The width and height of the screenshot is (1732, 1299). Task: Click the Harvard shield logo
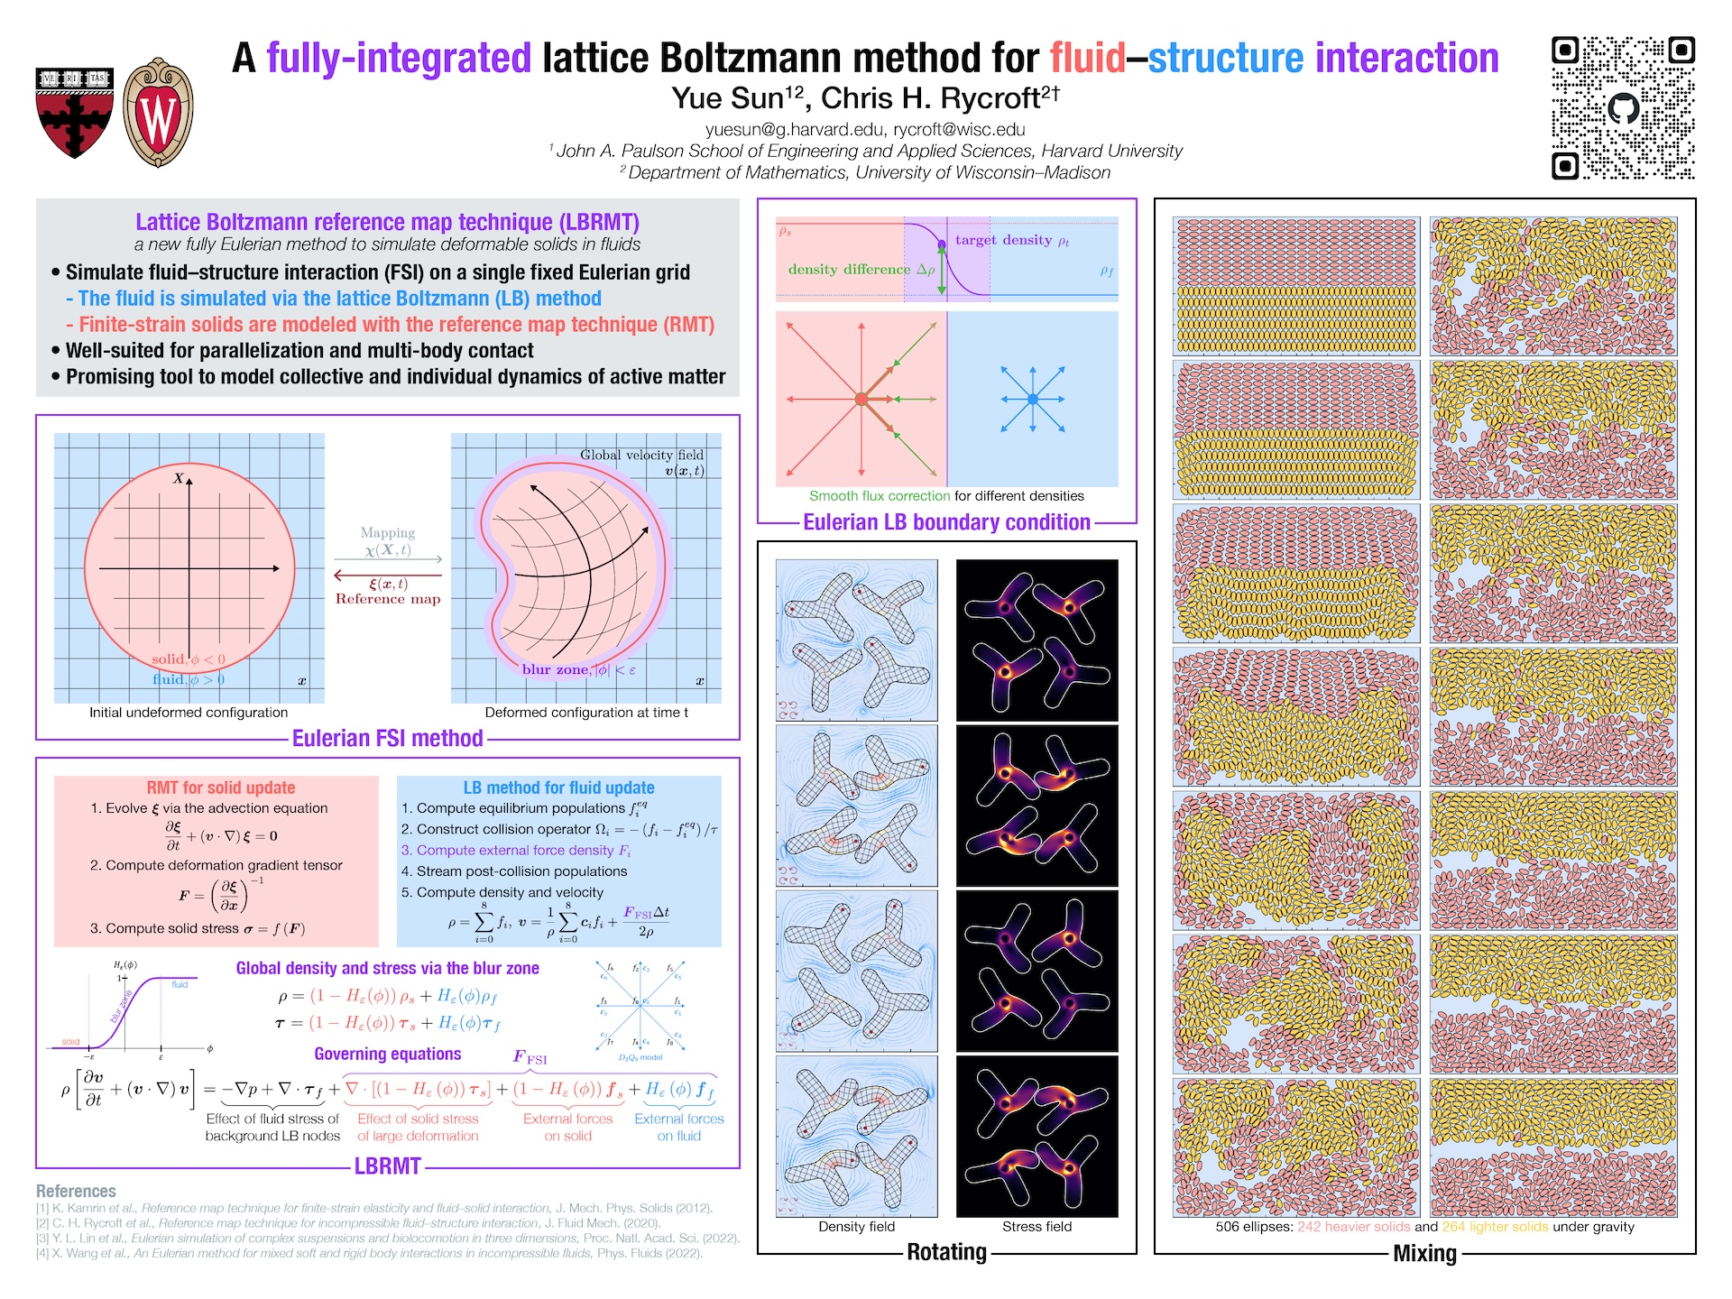pyautogui.click(x=75, y=113)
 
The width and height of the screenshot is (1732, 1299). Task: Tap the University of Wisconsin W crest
pyautogui.click(x=158, y=114)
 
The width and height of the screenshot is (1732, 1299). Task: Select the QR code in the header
pyautogui.click(x=1622, y=107)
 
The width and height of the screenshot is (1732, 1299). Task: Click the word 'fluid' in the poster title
pyautogui.click(x=1087, y=58)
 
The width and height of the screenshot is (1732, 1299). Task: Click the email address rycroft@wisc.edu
pyautogui.click(x=959, y=129)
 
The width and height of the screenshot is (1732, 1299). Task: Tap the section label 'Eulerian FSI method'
pyautogui.click(x=387, y=739)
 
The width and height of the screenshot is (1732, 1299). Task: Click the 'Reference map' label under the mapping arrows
pyautogui.click(x=388, y=599)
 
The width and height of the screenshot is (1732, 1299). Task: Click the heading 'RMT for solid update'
pyautogui.click(x=221, y=788)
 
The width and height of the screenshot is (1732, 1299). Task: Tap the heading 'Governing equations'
pyautogui.click(x=387, y=1054)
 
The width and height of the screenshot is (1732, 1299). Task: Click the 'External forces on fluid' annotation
pyautogui.click(x=678, y=1128)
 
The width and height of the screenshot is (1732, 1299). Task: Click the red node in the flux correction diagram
pyautogui.click(x=861, y=399)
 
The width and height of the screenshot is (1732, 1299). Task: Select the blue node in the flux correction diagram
pyautogui.click(x=1033, y=399)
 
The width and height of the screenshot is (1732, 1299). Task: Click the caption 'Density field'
pyautogui.click(x=856, y=1227)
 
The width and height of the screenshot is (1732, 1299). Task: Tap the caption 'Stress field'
pyautogui.click(x=1036, y=1227)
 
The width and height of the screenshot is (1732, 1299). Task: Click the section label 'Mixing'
pyautogui.click(x=1424, y=1253)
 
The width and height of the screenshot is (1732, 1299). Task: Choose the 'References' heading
pyautogui.click(x=76, y=1191)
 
